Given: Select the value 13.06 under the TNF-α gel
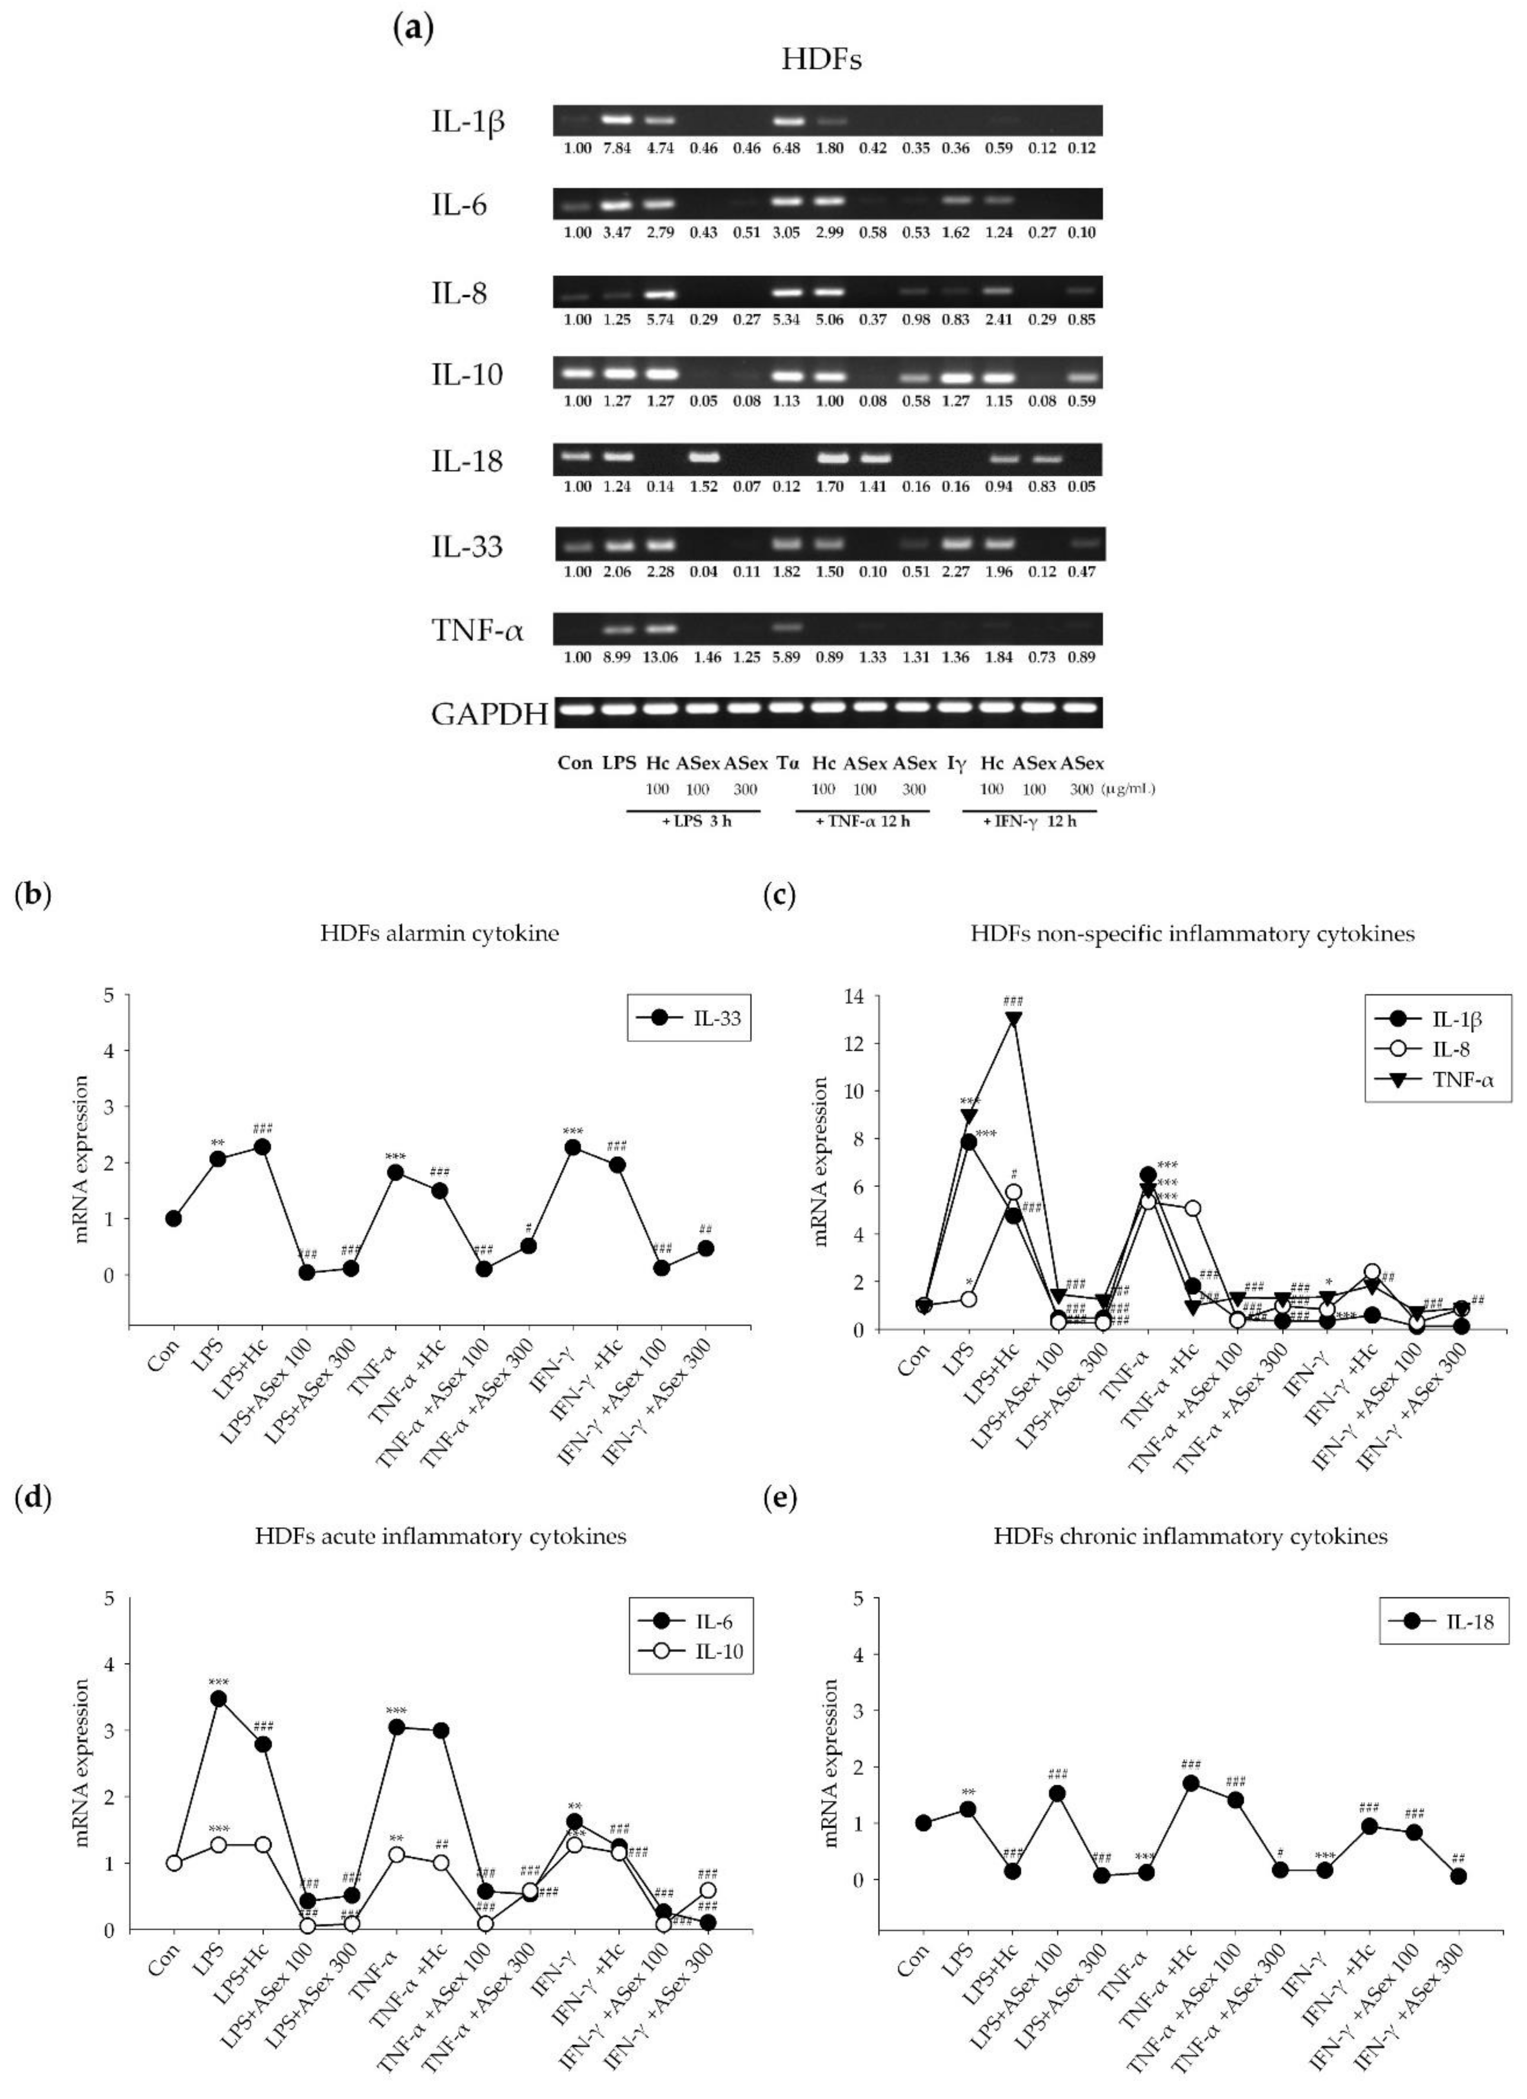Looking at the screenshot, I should click(660, 657).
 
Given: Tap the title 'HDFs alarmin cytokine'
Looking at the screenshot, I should click(440, 933).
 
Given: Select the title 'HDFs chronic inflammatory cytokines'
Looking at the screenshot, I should click(1191, 1536).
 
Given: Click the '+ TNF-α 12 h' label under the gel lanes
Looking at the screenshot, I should click(863, 822).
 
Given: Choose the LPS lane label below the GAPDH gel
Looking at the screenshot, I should click(619, 764).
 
